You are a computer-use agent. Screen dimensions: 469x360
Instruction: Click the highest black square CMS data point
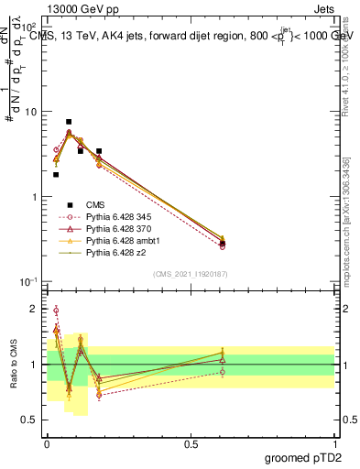(69, 122)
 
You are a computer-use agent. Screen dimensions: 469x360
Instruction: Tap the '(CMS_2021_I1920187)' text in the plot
(191, 273)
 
